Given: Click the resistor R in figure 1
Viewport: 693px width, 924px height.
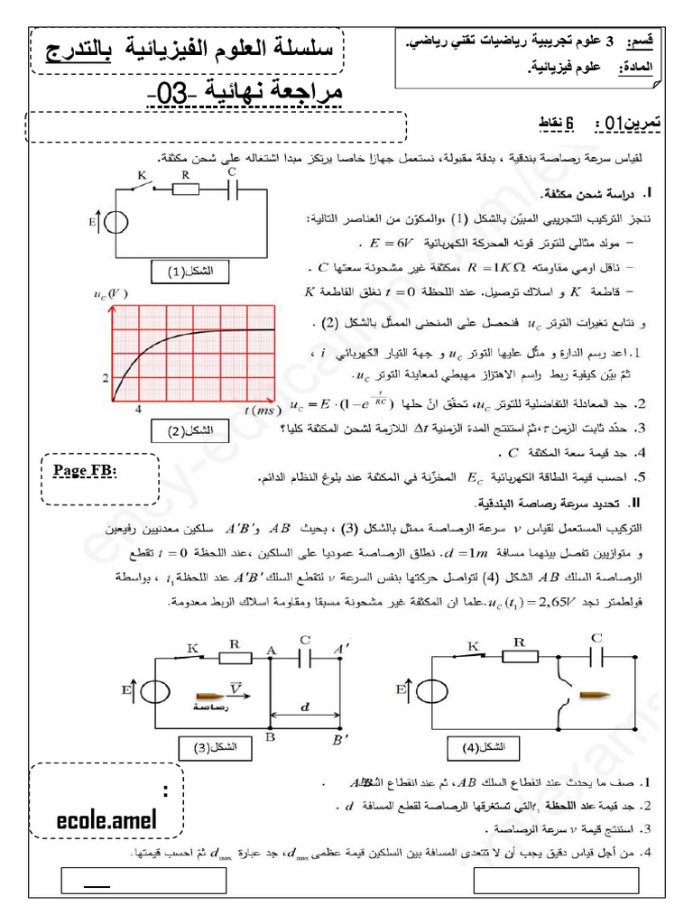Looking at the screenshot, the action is pos(185,190).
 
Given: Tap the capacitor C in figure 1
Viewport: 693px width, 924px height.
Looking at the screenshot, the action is pos(233,190).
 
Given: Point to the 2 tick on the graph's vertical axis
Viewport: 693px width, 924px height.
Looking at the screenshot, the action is pos(106,378).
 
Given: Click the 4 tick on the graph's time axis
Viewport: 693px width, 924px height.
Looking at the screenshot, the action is pos(138,410).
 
